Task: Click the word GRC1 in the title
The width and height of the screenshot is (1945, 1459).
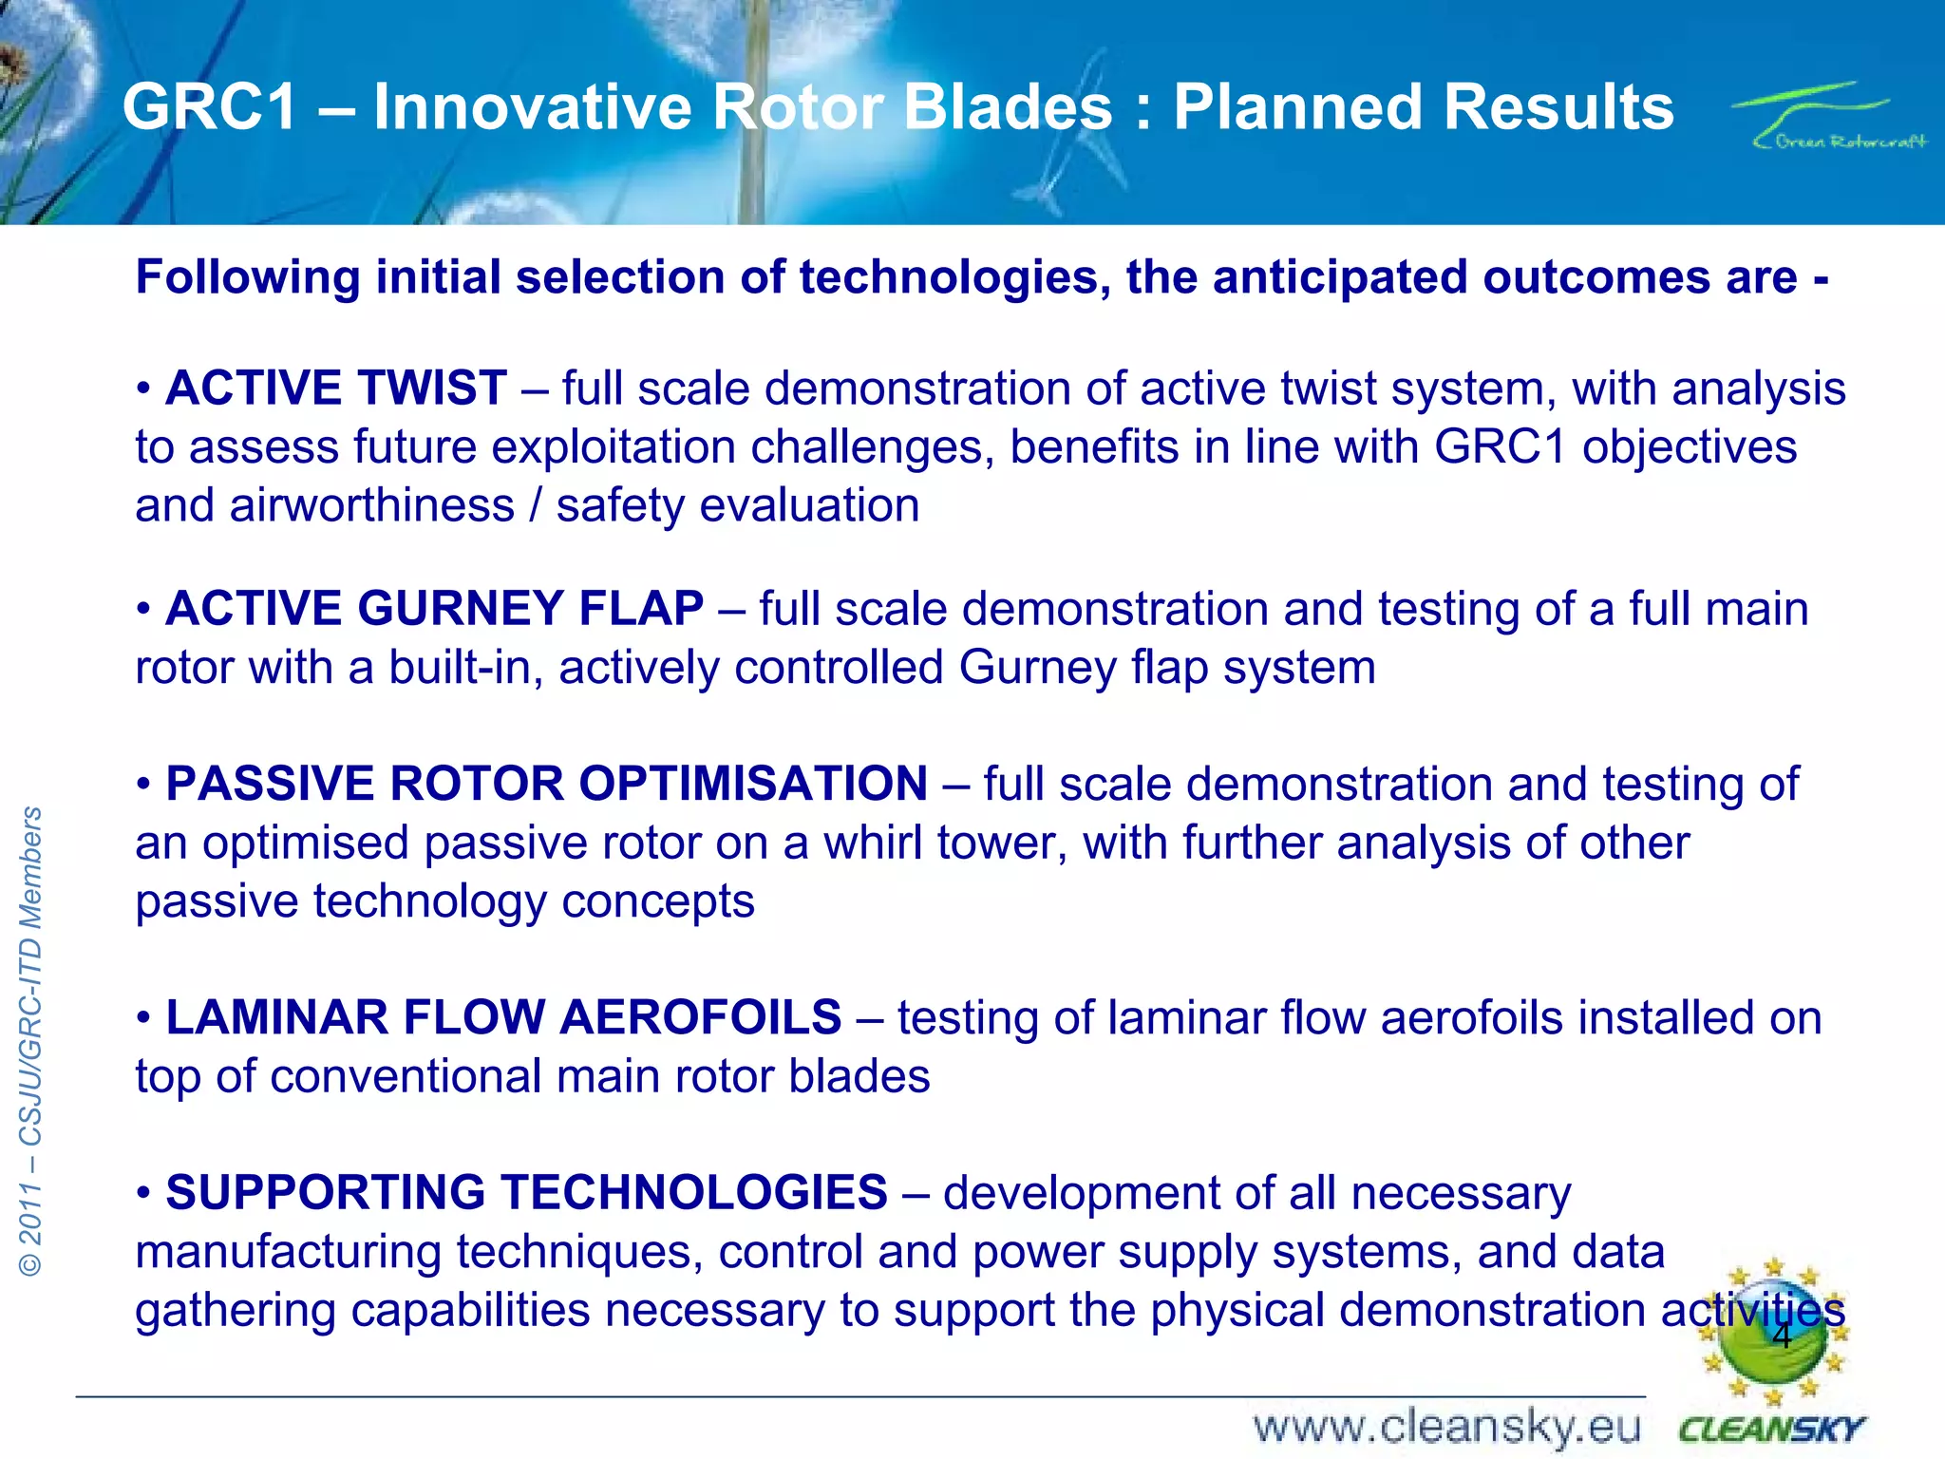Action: coord(210,106)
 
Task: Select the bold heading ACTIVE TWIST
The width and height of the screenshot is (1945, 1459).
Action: coord(335,388)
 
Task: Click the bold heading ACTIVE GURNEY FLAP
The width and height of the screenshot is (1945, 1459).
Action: coord(434,608)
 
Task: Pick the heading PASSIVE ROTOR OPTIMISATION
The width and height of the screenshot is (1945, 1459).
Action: coord(546,784)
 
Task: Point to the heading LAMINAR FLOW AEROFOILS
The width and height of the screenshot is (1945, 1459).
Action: coord(503,1017)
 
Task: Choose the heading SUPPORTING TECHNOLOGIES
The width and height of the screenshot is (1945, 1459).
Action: coord(526,1192)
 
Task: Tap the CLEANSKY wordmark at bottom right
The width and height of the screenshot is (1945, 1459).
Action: coord(1771,1430)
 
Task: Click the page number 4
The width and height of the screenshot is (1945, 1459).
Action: coord(1782,1336)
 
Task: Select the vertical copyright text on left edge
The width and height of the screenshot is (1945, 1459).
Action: coord(31,1040)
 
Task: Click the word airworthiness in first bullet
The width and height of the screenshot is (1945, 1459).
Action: coord(372,505)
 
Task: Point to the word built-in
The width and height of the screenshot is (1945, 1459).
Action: coord(465,667)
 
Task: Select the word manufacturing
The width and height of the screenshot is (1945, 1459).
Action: coord(288,1251)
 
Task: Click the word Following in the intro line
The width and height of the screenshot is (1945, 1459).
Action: coord(247,277)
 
